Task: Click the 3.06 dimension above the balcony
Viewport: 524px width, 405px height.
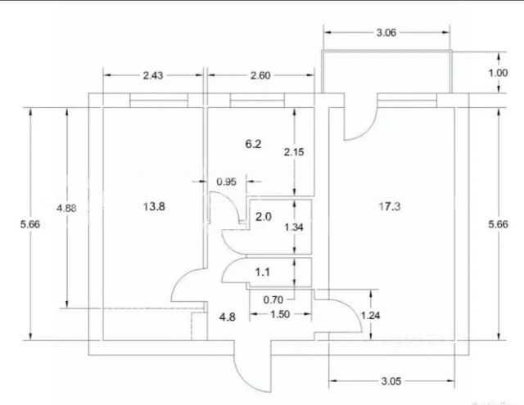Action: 386,33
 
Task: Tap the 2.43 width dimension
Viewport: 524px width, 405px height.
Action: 153,75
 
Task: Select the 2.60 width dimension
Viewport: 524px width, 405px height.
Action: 260,75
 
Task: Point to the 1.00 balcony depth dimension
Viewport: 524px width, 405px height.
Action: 498,73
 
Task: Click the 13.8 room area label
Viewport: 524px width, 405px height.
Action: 154,207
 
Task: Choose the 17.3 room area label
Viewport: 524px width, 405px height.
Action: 390,207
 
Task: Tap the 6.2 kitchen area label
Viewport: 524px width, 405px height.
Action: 253,144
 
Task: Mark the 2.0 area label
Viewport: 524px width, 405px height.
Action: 264,217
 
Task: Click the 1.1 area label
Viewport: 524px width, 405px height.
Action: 263,272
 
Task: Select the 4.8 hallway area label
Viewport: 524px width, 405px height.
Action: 228,317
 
